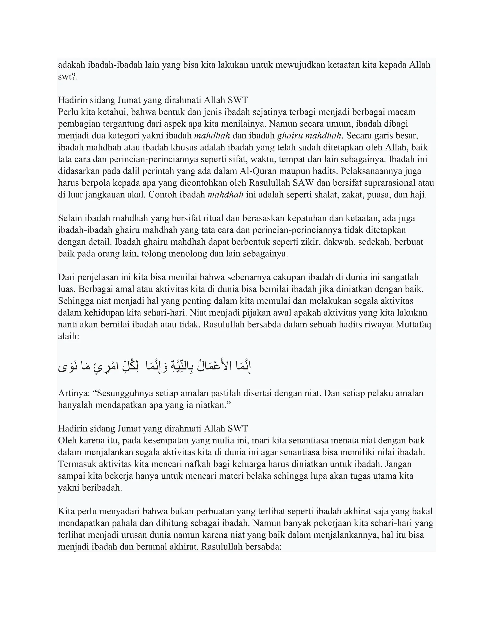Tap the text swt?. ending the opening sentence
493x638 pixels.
tap(68, 77)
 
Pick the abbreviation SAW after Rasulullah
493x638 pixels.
tap(304, 183)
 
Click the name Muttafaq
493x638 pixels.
tap(413, 325)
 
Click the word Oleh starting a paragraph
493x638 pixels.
tap(67, 441)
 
